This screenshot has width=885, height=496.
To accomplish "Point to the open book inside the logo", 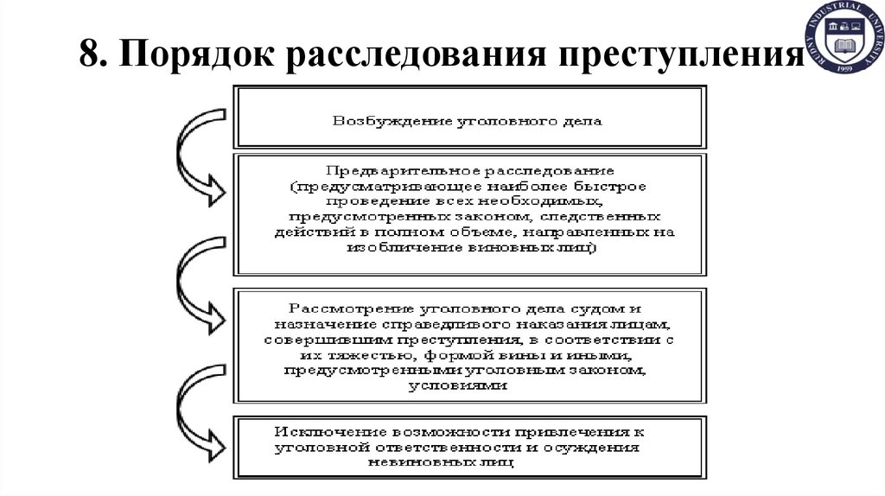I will (x=846, y=42).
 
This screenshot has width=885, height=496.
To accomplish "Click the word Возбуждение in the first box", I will (x=377, y=120).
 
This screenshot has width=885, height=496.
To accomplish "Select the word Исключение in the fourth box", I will (x=330, y=431).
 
